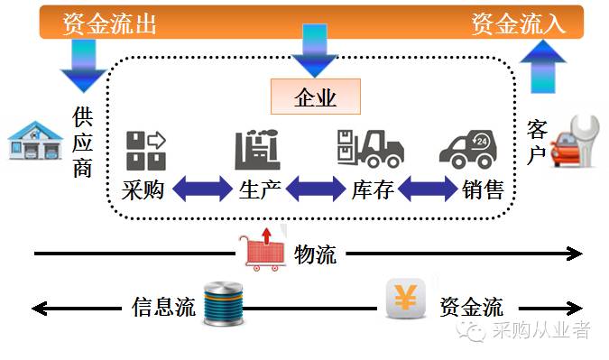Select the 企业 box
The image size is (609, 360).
pos(315,97)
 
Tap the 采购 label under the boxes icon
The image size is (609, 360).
pos(143,191)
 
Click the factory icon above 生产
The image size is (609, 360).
pos(257,150)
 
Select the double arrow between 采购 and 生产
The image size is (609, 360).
pos(201,189)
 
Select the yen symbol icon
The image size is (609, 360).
pos(405,299)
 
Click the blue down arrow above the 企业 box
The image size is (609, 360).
pos(315,50)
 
